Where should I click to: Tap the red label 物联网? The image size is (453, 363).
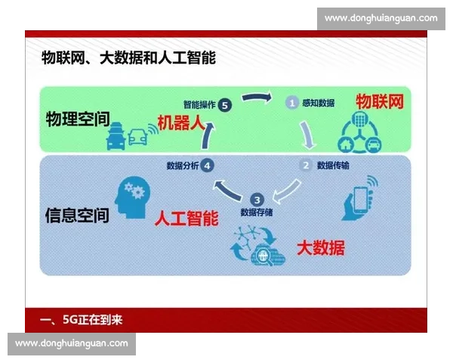point(379,102)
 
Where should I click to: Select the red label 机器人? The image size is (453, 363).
point(181,123)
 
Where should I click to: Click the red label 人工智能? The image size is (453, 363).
point(186,219)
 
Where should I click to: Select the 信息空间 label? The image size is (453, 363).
point(77,215)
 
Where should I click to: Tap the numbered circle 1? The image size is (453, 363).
point(290,101)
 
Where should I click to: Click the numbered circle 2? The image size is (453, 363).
point(306,165)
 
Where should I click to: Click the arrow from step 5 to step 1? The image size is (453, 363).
point(257,98)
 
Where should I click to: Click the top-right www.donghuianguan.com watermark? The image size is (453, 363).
point(381,17)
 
